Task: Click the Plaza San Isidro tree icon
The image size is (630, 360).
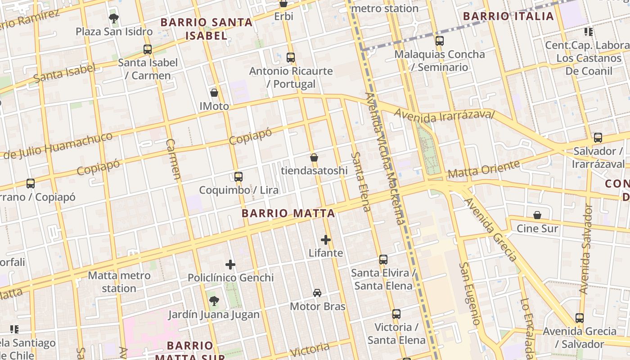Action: (114, 18)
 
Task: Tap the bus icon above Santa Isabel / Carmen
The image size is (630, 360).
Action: (148, 49)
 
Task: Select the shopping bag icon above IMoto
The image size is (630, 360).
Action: (214, 93)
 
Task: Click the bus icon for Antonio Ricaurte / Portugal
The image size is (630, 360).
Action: (291, 58)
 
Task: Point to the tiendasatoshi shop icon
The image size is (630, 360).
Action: (314, 157)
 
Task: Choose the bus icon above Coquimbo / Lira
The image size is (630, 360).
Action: (238, 177)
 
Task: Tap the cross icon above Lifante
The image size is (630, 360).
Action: (326, 240)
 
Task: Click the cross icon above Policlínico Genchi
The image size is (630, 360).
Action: (230, 265)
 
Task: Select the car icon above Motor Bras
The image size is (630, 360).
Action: (317, 293)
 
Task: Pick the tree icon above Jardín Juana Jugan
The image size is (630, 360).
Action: (214, 301)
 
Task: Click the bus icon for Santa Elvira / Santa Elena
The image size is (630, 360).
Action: (383, 260)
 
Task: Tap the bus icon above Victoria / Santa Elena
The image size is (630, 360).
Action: (396, 314)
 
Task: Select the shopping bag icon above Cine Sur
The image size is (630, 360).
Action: (537, 215)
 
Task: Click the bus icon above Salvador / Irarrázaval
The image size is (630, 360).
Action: (598, 138)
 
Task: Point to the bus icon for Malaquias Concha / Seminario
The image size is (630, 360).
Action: (440, 41)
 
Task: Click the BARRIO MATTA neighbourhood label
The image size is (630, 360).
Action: (288, 213)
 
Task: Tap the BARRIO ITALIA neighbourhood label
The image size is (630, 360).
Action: (508, 17)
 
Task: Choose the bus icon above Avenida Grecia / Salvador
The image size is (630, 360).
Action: (580, 318)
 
